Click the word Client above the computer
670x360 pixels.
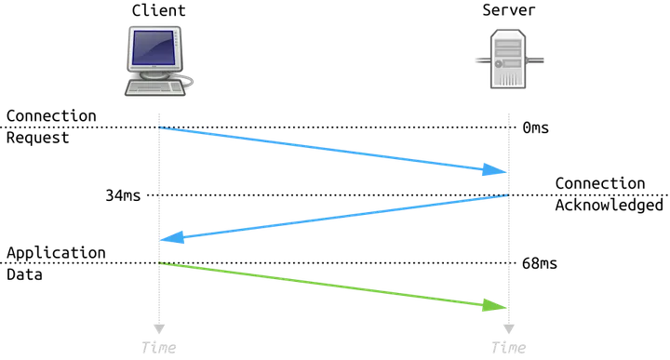tap(158, 10)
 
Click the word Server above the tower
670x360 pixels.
tap(508, 10)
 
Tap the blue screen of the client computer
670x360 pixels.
tap(154, 47)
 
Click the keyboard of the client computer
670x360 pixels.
tap(155, 87)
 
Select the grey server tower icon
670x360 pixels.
tap(508, 59)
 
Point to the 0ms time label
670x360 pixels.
tap(535, 127)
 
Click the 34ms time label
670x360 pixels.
tap(123, 195)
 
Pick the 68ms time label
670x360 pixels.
tap(540, 263)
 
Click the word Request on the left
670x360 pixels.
tap(37, 138)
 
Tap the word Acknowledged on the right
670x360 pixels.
tap(609, 205)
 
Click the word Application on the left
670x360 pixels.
tap(56, 253)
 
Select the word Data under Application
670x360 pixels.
tap(24, 274)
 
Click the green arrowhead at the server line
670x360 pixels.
tap(494, 305)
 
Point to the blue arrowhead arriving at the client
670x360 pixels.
tap(173, 237)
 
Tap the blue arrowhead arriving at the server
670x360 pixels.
tap(494, 169)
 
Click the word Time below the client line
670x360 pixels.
tap(158, 348)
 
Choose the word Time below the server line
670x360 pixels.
tap(508, 348)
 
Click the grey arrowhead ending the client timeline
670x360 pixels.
tap(159, 328)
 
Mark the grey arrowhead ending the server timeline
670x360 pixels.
tap(509, 328)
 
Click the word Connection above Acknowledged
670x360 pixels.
tap(600, 183)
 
